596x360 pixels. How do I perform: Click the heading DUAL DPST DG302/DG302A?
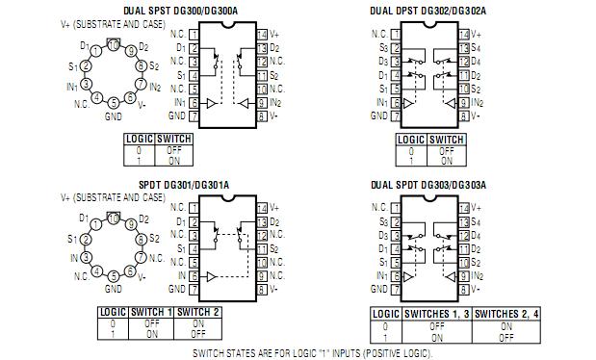pyautogui.click(x=428, y=10)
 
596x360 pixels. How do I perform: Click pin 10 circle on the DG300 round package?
pyautogui.click(x=114, y=44)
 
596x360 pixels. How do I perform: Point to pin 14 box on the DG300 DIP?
pyautogui.click(x=261, y=34)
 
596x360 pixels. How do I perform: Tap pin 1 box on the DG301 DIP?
pyautogui.click(x=194, y=207)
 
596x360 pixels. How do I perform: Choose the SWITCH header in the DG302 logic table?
pyautogui.click(x=447, y=140)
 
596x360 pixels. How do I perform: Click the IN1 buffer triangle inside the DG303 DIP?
pyautogui.click(x=408, y=275)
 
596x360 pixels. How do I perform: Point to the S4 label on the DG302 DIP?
pyautogui.click(x=477, y=47)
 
